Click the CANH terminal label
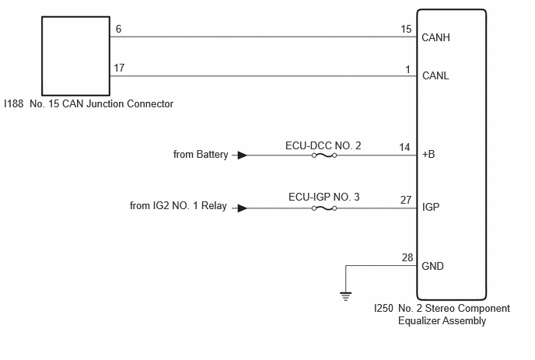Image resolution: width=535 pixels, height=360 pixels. point(435,37)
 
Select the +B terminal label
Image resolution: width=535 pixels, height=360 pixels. point(428,155)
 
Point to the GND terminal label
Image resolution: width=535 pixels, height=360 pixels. point(433,266)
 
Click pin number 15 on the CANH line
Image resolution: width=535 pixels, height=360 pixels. point(406,30)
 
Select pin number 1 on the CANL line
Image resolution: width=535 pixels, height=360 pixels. point(408,68)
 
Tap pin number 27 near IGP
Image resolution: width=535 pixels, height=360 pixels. point(406,200)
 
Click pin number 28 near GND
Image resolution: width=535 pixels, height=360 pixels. point(406,257)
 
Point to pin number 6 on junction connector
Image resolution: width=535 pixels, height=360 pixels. point(118,29)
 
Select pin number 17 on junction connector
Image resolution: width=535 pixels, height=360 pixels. point(119,68)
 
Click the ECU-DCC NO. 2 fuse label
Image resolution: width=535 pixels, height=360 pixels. point(324,145)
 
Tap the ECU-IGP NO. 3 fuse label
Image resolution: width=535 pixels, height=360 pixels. point(323,197)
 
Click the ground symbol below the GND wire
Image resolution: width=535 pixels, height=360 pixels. point(346,295)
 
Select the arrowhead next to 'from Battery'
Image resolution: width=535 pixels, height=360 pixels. point(243,155)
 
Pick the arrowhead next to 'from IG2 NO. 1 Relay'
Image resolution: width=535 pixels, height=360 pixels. point(243,208)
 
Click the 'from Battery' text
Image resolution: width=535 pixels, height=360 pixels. point(201,155)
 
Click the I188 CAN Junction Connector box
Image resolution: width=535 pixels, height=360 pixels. point(75,54)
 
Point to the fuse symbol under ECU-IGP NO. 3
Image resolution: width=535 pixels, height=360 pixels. point(323,208)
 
